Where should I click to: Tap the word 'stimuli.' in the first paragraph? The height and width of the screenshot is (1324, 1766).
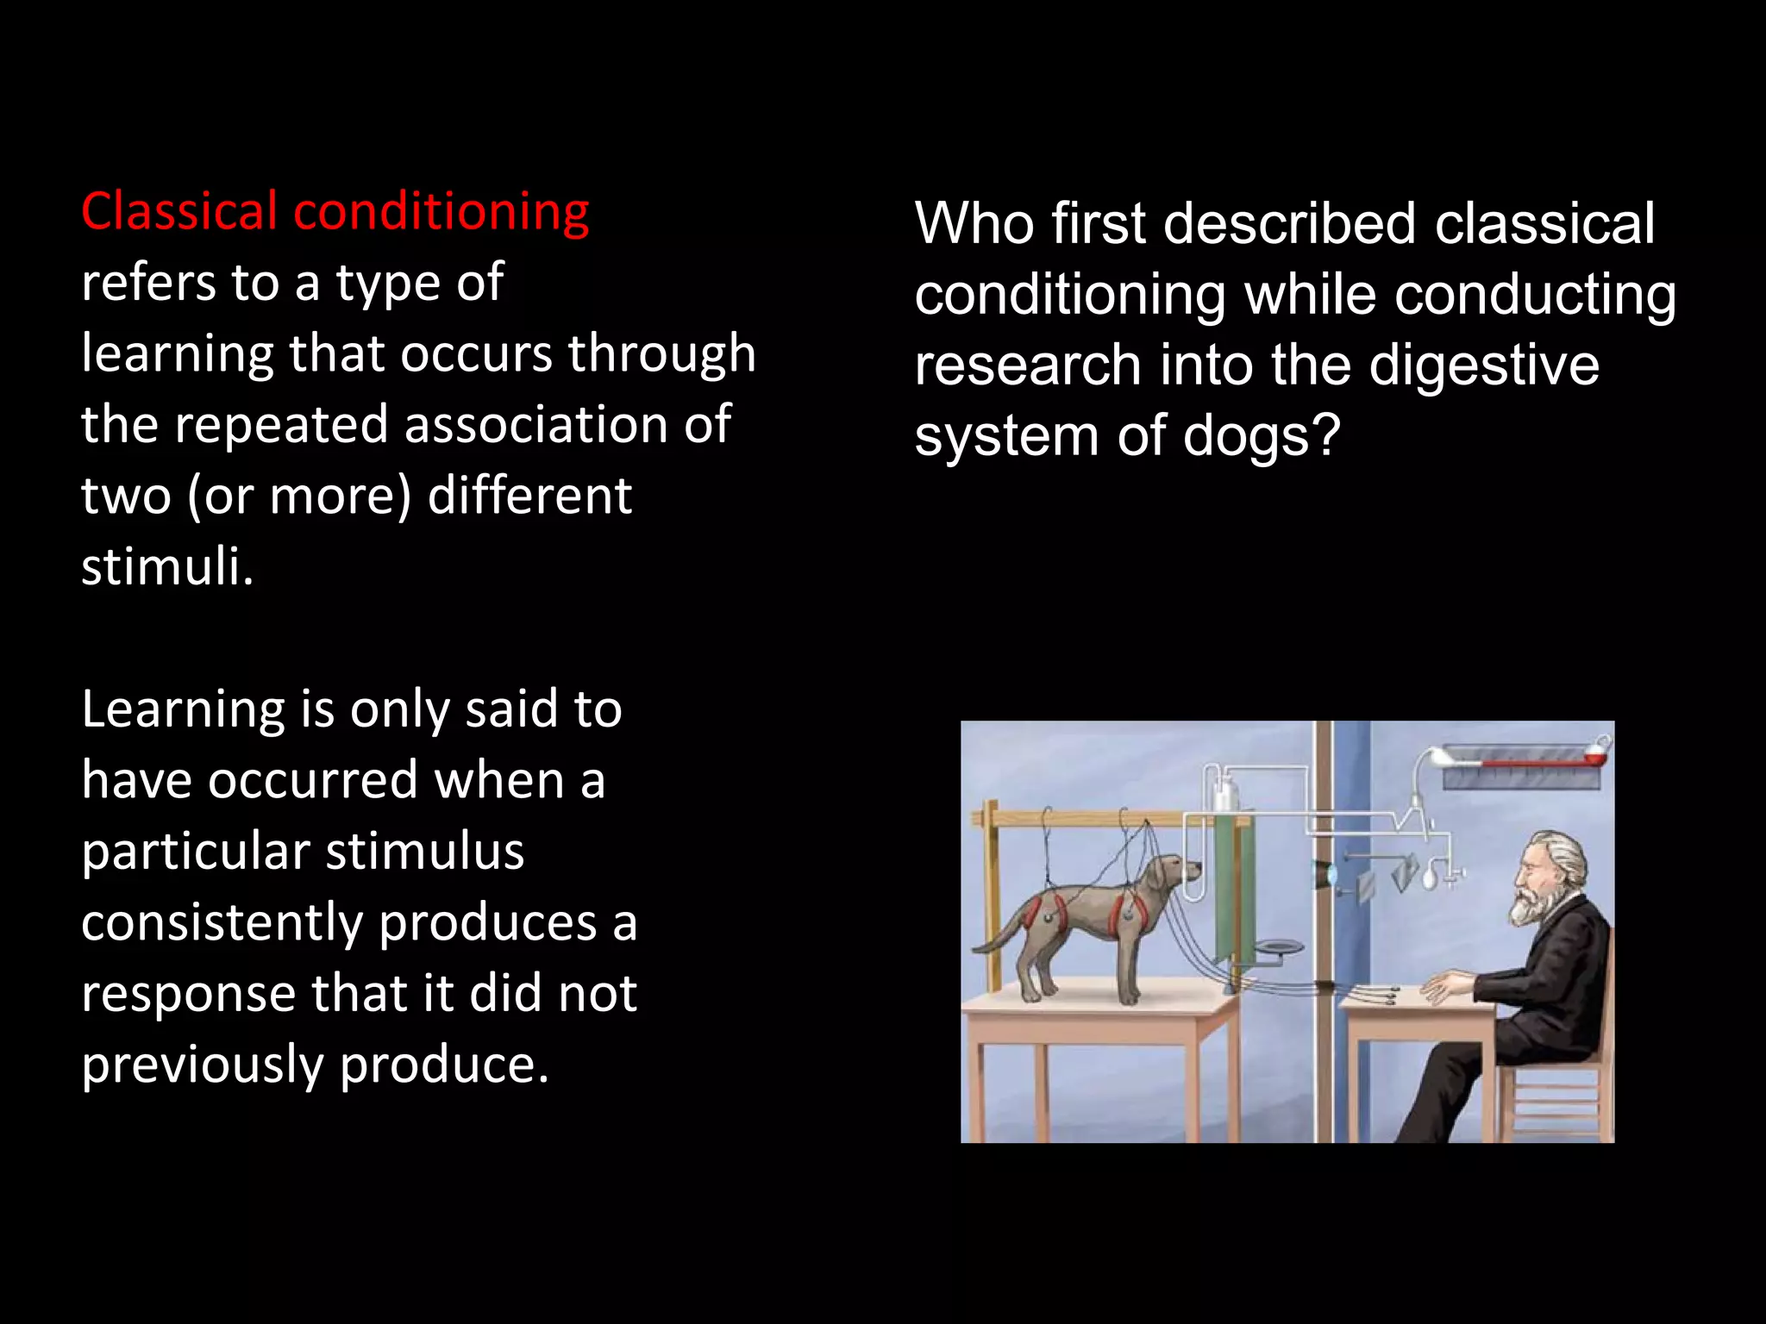pos(167,567)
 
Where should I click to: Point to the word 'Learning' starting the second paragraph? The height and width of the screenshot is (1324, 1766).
pos(182,709)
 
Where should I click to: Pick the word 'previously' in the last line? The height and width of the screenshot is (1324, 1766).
pos(202,1065)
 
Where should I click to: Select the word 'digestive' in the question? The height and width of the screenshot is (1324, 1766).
pos(1483,365)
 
